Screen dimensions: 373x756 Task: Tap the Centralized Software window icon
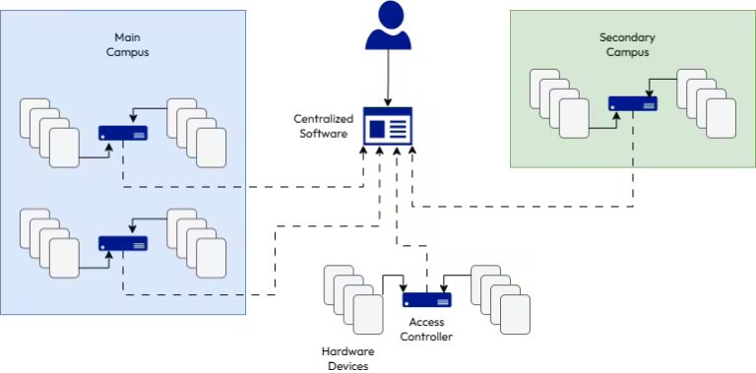coord(387,127)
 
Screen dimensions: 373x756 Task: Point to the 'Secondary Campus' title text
coord(626,43)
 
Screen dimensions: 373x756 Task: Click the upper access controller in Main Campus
coord(123,133)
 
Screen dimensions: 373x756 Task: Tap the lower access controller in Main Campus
coord(123,242)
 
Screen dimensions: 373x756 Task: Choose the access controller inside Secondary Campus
coord(633,103)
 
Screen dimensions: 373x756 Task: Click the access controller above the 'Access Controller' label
coord(426,300)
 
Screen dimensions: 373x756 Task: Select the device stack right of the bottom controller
coord(501,299)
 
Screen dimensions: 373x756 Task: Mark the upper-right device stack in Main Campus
coord(197,133)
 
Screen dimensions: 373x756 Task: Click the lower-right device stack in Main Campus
coord(197,242)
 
